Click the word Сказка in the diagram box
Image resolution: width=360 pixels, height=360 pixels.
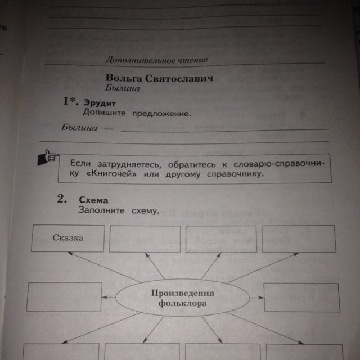coord(69,237)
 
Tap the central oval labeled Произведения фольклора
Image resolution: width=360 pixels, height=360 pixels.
coord(182,298)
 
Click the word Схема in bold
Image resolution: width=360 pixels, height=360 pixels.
coord(93,200)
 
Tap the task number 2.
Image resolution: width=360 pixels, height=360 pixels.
coord(62,199)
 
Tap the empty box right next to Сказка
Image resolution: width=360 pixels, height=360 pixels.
coord(145,238)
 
